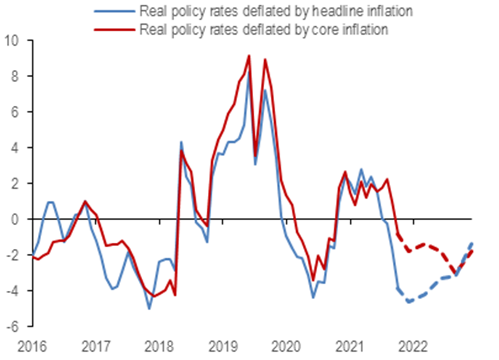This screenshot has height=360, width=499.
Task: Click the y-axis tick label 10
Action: (12, 41)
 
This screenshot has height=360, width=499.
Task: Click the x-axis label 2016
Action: (32, 347)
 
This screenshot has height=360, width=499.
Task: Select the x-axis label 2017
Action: (96, 347)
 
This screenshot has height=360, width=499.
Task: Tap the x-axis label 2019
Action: (223, 347)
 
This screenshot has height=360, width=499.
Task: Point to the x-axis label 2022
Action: (413, 347)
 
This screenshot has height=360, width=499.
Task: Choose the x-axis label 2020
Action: (286, 347)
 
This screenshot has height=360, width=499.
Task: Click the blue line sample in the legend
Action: (114, 11)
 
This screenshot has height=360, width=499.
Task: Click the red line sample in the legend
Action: (114, 29)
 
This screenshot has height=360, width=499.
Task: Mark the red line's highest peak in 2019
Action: (249, 56)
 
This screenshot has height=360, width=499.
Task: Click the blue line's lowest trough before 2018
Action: (149, 309)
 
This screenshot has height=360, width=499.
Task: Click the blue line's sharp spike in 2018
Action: (181, 142)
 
